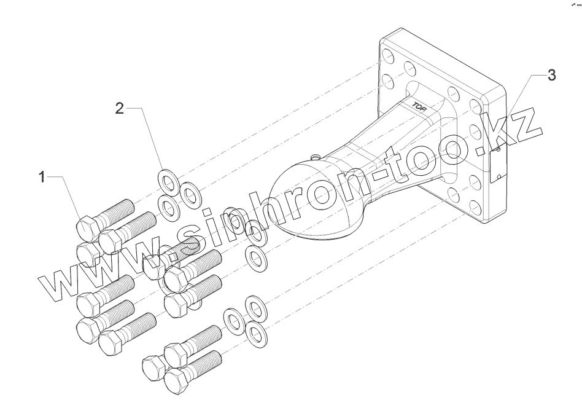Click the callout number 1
coord(42,178)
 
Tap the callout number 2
coord(120,109)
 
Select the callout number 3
coord(551,76)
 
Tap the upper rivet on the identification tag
coord(498,149)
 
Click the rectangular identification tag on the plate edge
coord(497,163)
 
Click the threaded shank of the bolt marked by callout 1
coord(117,211)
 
